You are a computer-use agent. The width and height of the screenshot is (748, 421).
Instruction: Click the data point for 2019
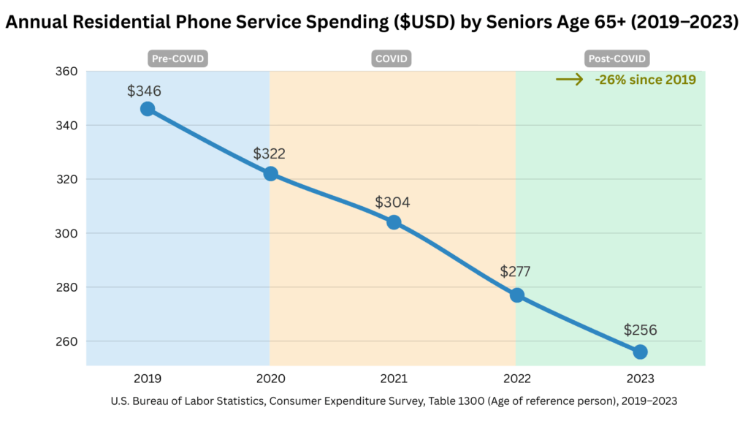click(148, 109)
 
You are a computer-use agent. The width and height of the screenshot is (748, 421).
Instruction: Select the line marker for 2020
click(270, 174)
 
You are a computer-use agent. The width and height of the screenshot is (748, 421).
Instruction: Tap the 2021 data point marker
click(394, 222)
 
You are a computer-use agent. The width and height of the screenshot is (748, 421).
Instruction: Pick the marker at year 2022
click(517, 295)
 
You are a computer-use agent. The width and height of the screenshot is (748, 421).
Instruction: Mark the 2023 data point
click(640, 352)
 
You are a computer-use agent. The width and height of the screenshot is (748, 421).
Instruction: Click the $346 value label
click(144, 91)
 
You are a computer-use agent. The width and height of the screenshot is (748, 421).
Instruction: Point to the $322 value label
click(270, 154)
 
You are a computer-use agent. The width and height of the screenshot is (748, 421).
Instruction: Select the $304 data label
click(392, 202)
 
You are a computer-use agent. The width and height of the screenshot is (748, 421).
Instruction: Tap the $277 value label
click(515, 272)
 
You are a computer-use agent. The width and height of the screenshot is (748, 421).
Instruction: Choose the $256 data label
click(640, 330)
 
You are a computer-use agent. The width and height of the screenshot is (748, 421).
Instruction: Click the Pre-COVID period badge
click(178, 58)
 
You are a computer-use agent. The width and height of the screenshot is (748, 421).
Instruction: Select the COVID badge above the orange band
click(393, 58)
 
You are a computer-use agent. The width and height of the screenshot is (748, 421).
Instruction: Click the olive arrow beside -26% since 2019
click(570, 80)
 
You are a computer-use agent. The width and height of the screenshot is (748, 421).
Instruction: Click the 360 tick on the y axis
click(66, 72)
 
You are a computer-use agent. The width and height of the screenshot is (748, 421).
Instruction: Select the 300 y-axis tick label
click(66, 234)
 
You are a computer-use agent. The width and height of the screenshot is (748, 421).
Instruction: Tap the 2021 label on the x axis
click(394, 379)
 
